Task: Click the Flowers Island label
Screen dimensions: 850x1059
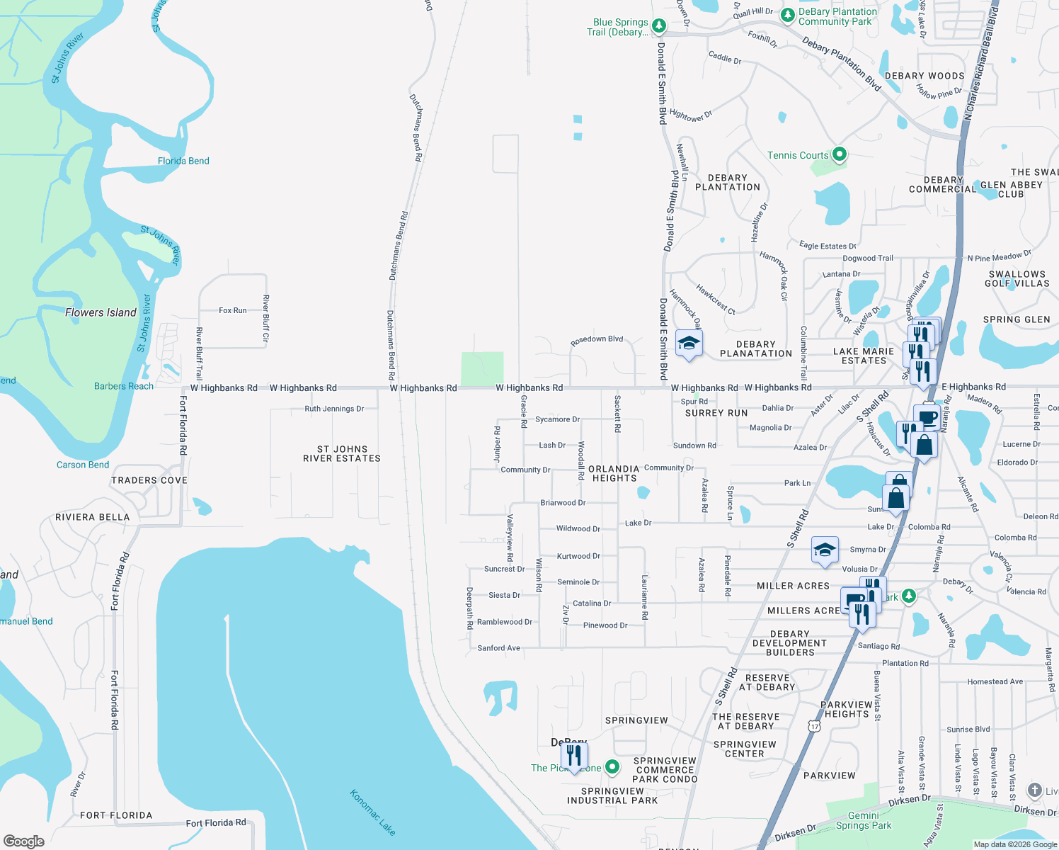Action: click(x=101, y=312)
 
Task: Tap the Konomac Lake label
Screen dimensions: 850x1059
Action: click(x=372, y=812)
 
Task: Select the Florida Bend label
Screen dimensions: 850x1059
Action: click(x=183, y=161)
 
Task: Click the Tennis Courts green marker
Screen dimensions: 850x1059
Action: click(x=839, y=154)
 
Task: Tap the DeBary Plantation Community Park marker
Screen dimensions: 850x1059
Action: click(x=787, y=15)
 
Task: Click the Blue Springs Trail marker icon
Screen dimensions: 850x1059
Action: click(x=658, y=26)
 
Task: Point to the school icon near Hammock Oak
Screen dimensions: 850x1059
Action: click(x=688, y=344)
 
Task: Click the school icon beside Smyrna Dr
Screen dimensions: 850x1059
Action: click(x=825, y=550)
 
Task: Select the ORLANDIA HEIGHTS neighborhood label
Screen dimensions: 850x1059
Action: click(x=614, y=473)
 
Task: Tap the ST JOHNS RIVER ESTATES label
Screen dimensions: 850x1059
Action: click(x=342, y=454)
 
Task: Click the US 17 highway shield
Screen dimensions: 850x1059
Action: click(x=815, y=726)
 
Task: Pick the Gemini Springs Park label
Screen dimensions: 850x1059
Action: click(x=864, y=820)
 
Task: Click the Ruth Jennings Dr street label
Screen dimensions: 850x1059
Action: click(x=334, y=409)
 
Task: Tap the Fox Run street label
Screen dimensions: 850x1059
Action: click(x=232, y=310)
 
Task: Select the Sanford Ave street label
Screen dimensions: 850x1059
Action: click(x=498, y=647)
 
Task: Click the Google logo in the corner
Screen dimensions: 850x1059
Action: click(x=24, y=841)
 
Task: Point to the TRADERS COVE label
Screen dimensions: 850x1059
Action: click(x=149, y=480)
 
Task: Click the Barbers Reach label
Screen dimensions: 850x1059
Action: click(x=124, y=386)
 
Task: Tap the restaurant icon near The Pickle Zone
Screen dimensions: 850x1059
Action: click(x=574, y=756)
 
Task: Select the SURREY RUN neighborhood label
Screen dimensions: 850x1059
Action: click(x=716, y=413)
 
